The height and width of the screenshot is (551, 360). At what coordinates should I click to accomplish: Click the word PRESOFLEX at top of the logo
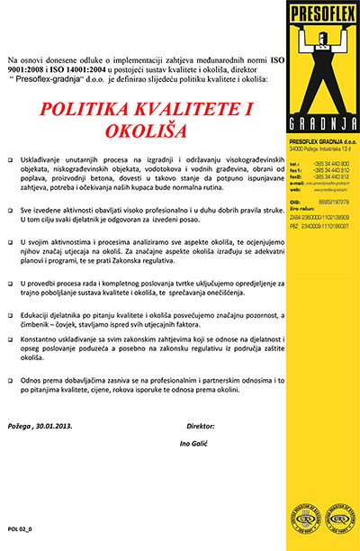[312, 14]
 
